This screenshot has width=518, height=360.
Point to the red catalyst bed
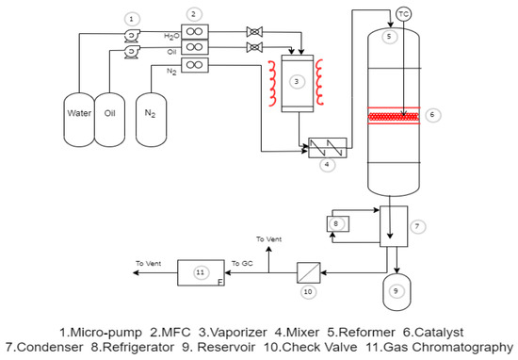click(389, 115)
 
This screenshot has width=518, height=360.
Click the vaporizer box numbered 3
click(297, 82)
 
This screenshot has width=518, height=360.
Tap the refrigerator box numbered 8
click(337, 222)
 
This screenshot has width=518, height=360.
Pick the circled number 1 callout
click(133, 18)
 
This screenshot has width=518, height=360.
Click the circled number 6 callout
click(433, 115)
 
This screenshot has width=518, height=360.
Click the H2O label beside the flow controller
click(170, 34)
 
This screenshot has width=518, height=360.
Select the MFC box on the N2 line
click(195, 64)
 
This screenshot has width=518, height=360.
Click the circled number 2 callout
click(194, 13)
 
